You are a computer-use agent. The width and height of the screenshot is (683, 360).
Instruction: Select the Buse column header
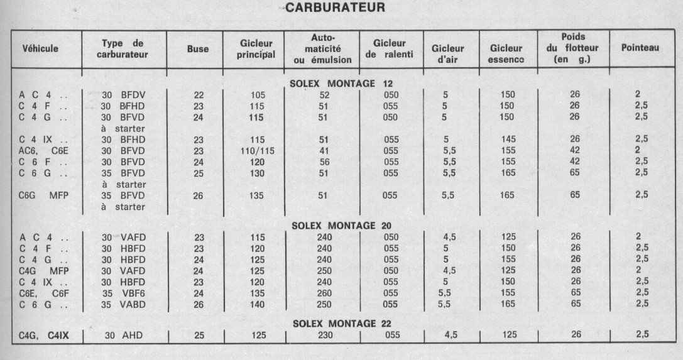coord(198,49)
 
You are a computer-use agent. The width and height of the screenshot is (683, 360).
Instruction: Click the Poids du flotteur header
coord(573,48)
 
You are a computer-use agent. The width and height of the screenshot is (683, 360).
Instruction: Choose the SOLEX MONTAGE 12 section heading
coord(341,84)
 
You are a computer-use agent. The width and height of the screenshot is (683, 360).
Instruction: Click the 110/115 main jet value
coord(258,151)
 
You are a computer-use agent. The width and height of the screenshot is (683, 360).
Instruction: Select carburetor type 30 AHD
coord(124,335)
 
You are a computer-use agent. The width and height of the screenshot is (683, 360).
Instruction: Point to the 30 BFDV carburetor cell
coord(124,95)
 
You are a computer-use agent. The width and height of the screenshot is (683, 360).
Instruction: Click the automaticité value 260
coord(324,293)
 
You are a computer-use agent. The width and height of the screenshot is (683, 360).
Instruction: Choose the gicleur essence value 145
coord(507,139)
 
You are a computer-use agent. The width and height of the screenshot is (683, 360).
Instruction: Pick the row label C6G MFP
coord(43,195)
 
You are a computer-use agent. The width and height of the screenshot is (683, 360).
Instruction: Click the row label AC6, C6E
coord(43,151)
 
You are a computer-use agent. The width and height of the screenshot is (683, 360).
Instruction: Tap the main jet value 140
coord(258,304)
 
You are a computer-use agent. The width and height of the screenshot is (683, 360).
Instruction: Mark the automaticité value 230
coord(324,335)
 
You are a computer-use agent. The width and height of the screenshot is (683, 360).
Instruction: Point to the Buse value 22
coord(199,95)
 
